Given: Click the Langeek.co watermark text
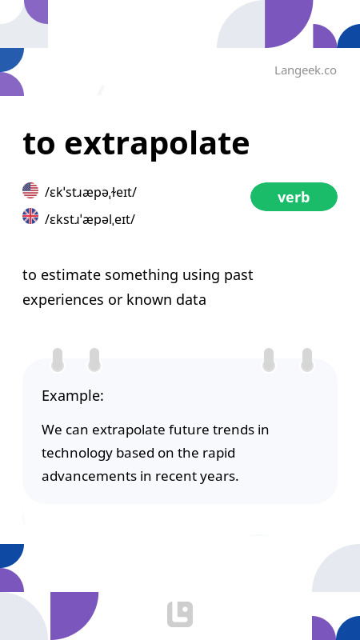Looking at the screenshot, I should [x=305, y=70].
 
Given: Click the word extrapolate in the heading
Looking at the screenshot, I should [x=157, y=144].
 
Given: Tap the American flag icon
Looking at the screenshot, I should [x=30, y=190].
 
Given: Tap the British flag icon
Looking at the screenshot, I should [x=30, y=216].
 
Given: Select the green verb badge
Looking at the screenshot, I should [x=294, y=197].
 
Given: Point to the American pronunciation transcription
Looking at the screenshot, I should [x=90, y=192].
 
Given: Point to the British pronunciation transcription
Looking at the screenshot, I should [x=90, y=218].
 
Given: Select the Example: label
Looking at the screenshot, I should [x=73, y=396].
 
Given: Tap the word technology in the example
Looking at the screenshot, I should [x=77, y=453].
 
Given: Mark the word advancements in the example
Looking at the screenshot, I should [x=88, y=476].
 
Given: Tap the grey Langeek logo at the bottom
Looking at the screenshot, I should [x=180, y=614].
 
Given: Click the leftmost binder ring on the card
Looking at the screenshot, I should [x=58, y=360].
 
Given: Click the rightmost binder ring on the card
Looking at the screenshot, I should [x=306, y=360].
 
